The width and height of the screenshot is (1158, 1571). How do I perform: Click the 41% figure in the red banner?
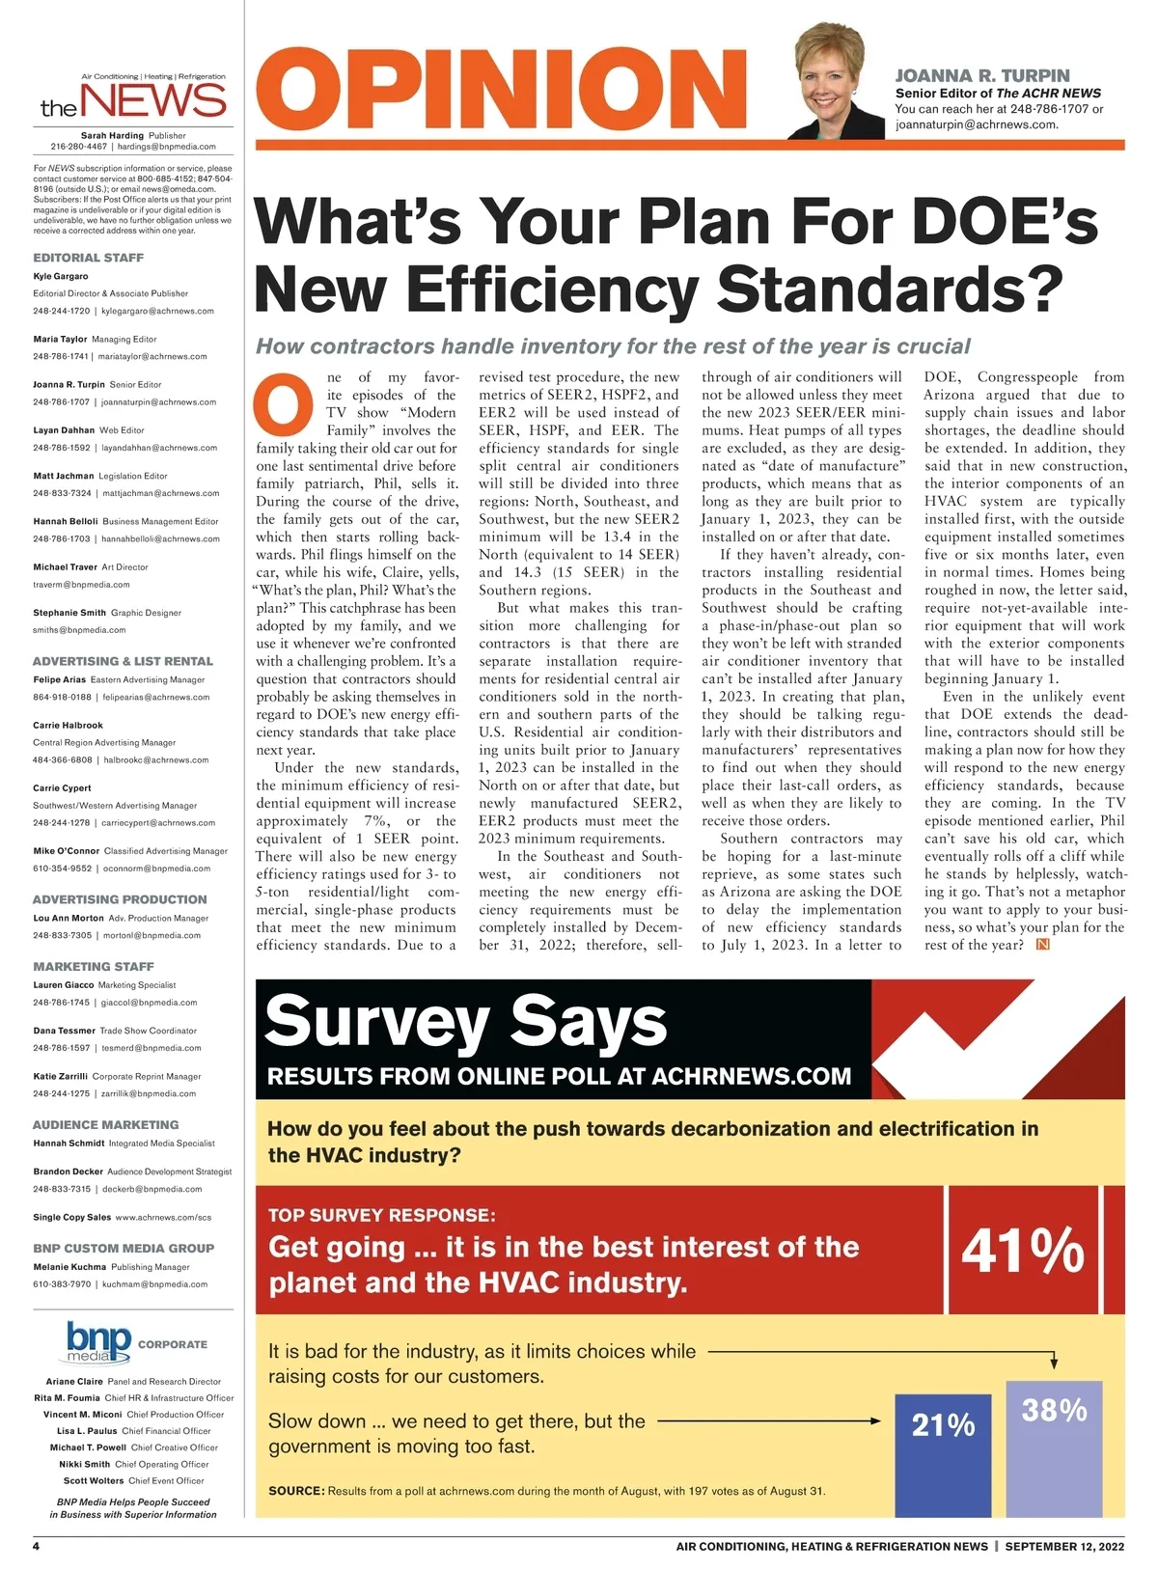click(1023, 1251)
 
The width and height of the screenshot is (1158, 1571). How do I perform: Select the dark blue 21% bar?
click(943, 1455)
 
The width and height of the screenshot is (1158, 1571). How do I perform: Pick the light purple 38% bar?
click(1054, 1447)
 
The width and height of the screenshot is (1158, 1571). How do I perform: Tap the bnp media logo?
click(98, 1342)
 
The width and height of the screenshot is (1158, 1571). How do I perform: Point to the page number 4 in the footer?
click(37, 1546)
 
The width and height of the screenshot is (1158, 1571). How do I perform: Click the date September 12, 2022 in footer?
click(1064, 1546)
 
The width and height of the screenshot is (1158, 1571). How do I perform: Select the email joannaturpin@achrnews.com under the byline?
click(977, 124)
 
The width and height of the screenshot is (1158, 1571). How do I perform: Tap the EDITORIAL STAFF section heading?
click(88, 258)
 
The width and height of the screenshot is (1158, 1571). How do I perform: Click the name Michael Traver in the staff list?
click(65, 567)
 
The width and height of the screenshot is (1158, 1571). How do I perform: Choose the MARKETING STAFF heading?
click(94, 966)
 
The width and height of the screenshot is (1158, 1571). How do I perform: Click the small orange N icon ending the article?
click(1042, 945)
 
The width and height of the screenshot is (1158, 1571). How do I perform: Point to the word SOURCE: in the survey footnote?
click(296, 1491)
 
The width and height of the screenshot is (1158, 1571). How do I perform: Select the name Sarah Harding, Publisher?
click(112, 136)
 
